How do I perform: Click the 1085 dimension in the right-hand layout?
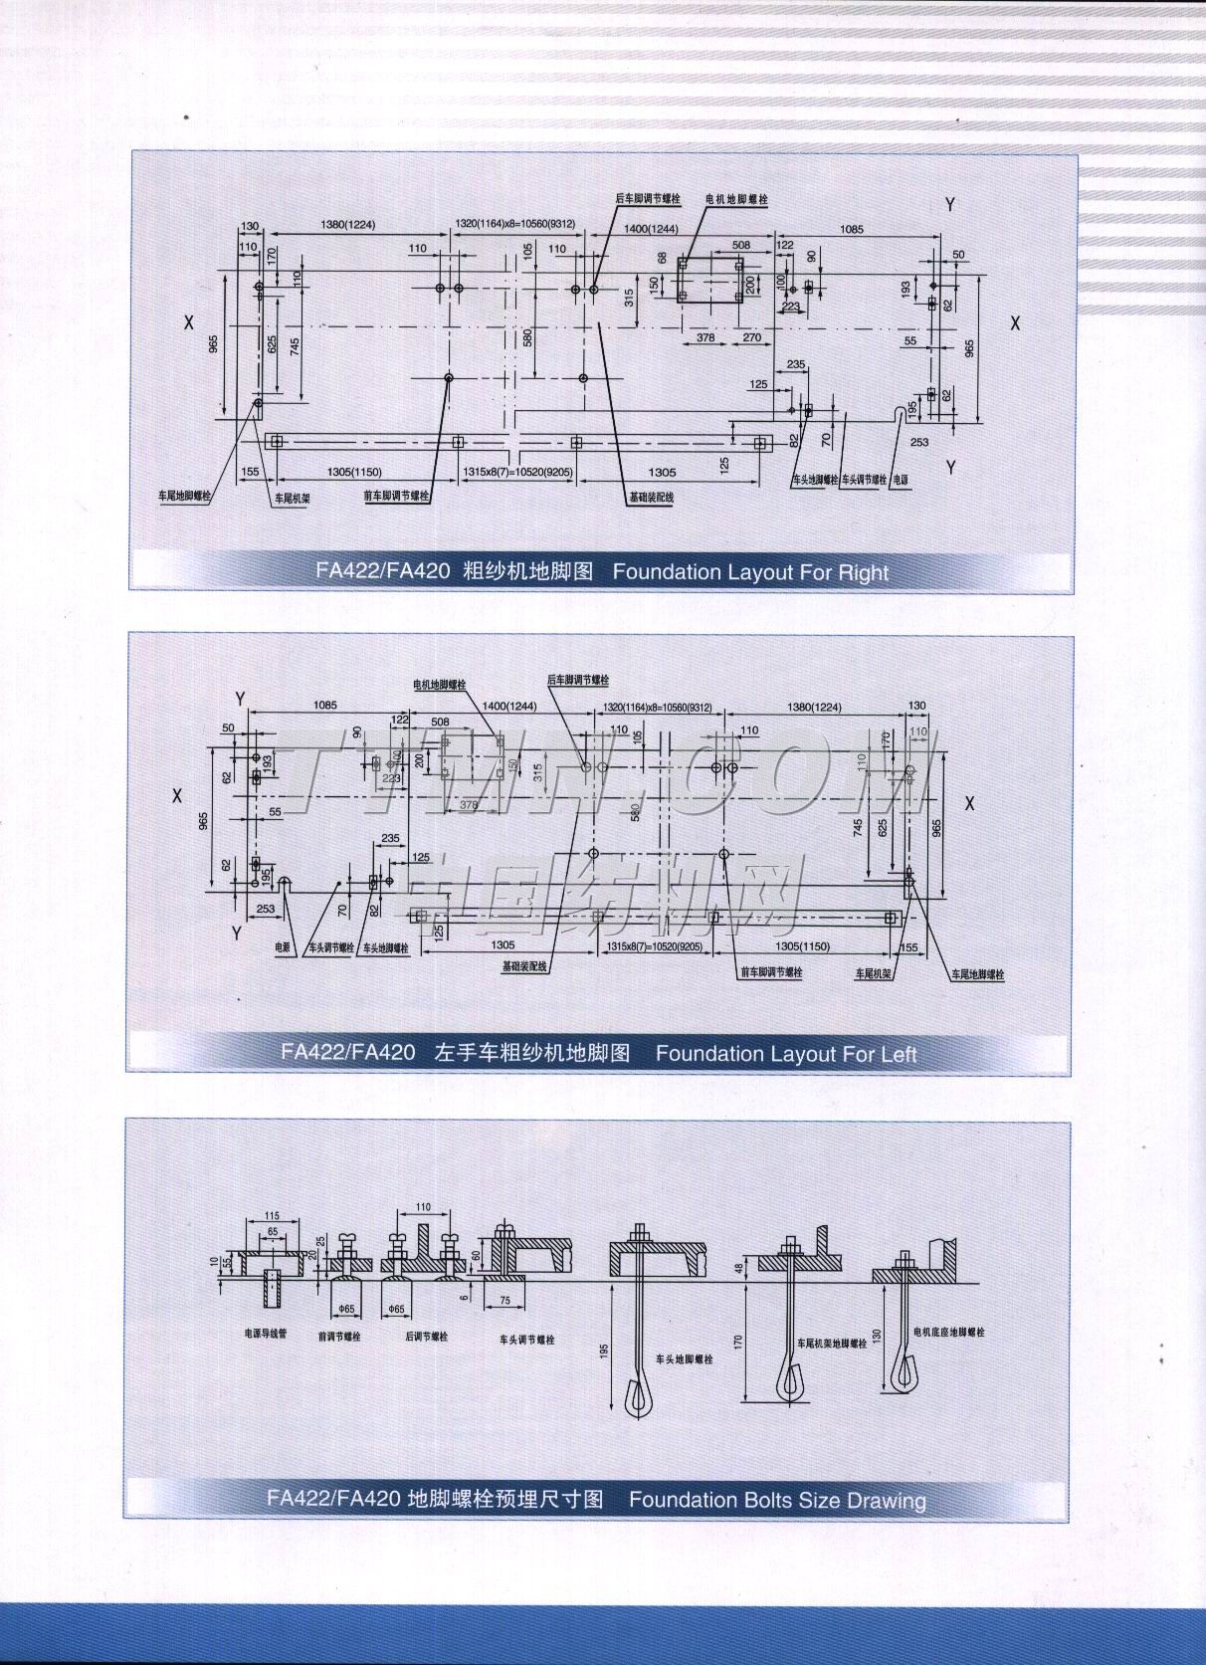[851, 230]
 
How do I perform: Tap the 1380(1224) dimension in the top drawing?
[347, 225]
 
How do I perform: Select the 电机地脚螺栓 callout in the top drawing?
[737, 200]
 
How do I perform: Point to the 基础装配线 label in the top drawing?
[651, 497]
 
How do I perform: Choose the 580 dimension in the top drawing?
[527, 337]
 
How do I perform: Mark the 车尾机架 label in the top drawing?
[293, 498]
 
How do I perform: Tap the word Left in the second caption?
[898, 1053]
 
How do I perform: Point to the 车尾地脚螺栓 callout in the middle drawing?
[978, 974]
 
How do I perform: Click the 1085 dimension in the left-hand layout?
[325, 705]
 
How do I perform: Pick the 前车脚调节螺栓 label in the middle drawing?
[770, 972]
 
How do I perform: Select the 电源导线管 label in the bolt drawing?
[266, 1333]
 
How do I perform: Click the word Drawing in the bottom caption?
[887, 1500]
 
